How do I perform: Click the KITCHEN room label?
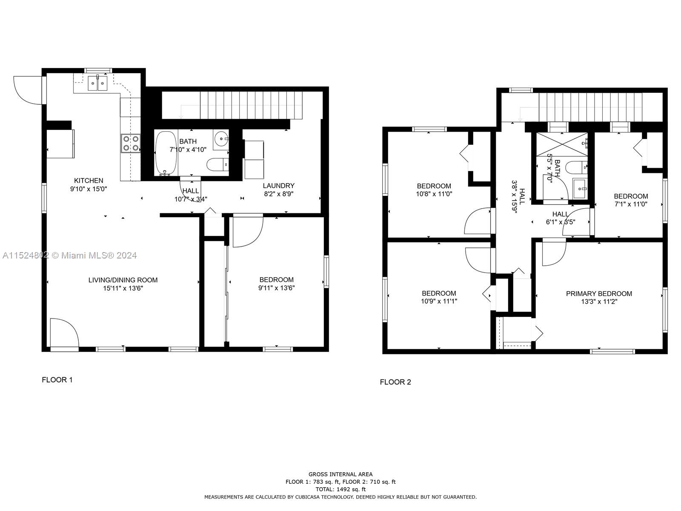[89, 181]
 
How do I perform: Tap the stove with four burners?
[131, 143]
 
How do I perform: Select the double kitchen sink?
[98, 83]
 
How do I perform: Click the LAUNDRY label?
[278, 186]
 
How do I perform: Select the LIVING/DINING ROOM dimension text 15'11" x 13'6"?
[123, 288]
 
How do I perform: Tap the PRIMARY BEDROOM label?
[599, 293]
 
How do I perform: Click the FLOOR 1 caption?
[57, 380]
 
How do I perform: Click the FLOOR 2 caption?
[395, 382]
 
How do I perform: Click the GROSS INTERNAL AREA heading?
[340, 474]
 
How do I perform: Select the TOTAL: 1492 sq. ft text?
[340, 489]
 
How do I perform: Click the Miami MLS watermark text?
[69, 255]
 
